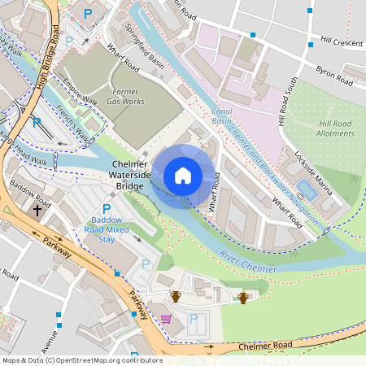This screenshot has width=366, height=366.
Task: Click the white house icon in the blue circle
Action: [x=183, y=176]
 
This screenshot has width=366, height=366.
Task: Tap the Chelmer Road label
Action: [x=264, y=346]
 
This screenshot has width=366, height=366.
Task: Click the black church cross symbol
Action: [x=37, y=210]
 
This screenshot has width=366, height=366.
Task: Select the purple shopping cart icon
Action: [x=166, y=319]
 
